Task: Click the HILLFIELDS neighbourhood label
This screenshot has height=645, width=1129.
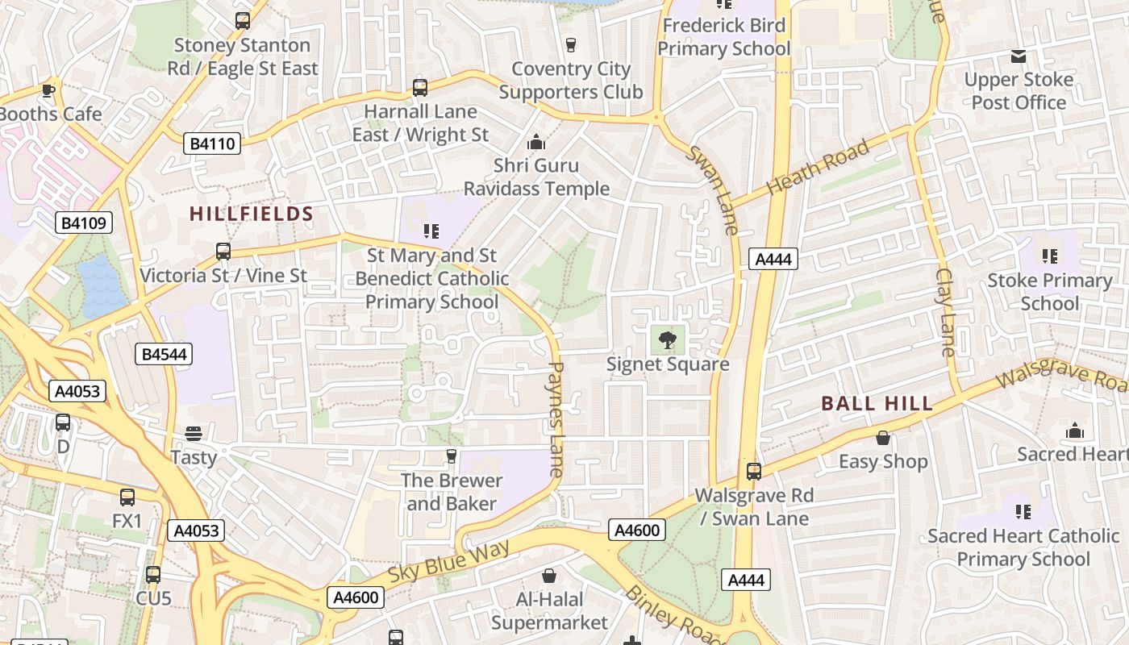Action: (x=251, y=214)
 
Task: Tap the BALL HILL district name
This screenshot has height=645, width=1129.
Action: (x=877, y=404)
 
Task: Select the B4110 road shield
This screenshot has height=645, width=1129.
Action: (x=213, y=144)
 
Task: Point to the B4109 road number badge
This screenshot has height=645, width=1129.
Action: (x=84, y=223)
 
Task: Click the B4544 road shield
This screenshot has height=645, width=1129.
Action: (x=165, y=354)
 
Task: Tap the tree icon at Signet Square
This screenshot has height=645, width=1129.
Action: (x=667, y=339)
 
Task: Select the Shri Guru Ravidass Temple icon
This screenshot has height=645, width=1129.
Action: (x=535, y=144)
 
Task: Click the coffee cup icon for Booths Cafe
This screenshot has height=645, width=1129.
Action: (x=48, y=89)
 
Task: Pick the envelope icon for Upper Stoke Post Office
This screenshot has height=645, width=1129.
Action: (x=1019, y=56)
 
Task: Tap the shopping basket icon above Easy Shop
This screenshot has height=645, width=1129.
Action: (x=883, y=438)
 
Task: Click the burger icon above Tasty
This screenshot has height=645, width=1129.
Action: (x=193, y=434)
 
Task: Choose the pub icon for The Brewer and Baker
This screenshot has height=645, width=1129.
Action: (x=451, y=457)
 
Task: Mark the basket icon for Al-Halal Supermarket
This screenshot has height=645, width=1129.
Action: (x=549, y=576)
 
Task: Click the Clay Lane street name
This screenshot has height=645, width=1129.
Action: (x=944, y=312)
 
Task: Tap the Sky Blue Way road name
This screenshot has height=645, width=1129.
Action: (x=449, y=563)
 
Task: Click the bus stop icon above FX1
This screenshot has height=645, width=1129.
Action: (x=127, y=497)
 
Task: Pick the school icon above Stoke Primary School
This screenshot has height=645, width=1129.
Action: (x=1049, y=256)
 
